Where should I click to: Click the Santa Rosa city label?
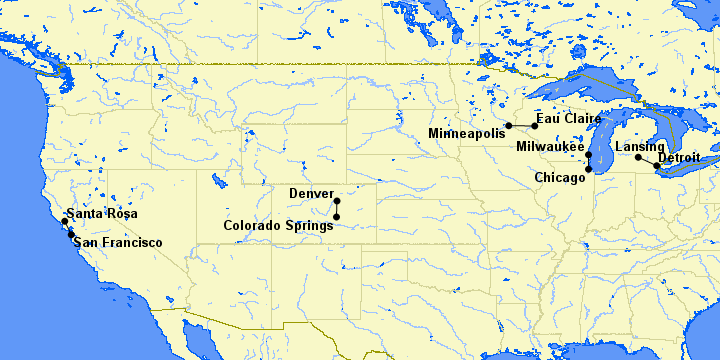[x=105, y=215]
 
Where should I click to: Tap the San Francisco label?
[x=118, y=243]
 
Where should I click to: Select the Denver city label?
[x=311, y=193]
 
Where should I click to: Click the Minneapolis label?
[x=465, y=133]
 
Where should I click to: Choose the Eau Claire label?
[x=569, y=118]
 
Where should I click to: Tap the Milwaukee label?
[x=550, y=146]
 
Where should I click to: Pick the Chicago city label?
[x=560, y=178]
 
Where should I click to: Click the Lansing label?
[x=639, y=147]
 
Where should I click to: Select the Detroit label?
[x=679, y=157]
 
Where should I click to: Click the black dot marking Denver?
[x=337, y=200]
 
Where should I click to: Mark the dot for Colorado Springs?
[x=337, y=216]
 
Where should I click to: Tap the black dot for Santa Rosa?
[x=65, y=221]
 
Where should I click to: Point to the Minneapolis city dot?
[x=508, y=125]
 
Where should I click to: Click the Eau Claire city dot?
[x=535, y=125]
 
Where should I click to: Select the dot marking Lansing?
[x=639, y=157]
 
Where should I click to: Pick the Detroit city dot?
[x=656, y=165]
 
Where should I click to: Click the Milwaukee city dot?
[x=589, y=155]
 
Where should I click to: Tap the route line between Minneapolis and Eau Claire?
[x=521, y=125]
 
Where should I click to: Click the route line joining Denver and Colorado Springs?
[x=337, y=208]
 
